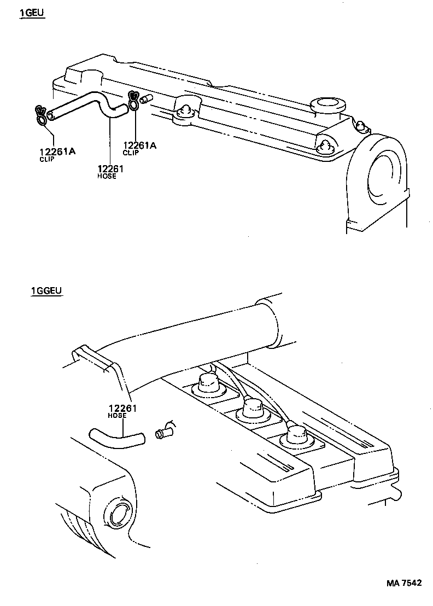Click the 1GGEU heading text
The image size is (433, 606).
tap(47, 291)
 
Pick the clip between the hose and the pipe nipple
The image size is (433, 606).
tap(133, 101)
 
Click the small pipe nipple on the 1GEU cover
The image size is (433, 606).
tap(147, 100)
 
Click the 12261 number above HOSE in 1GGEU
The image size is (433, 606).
tap(122, 408)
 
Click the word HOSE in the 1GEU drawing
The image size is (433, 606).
tap(107, 177)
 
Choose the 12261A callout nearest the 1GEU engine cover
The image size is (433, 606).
tap(140, 145)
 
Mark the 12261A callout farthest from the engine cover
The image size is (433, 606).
tap(57, 152)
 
